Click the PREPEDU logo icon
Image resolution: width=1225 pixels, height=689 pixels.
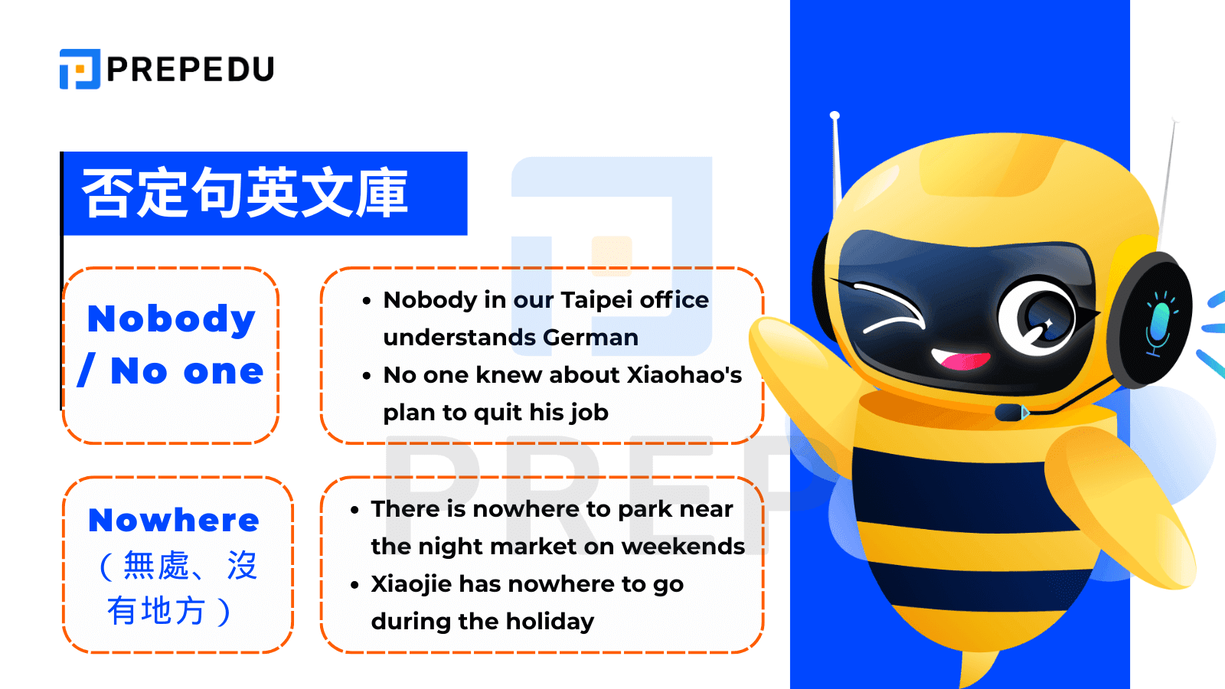(x=80, y=69)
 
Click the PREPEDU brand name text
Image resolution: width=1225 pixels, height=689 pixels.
(x=191, y=69)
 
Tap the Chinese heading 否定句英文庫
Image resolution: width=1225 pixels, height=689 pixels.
(x=244, y=192)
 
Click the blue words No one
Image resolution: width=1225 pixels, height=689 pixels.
(x=187, y=371)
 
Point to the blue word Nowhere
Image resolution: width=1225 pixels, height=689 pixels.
(x=174, y=520)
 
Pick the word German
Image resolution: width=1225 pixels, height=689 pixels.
(x=590, y=338)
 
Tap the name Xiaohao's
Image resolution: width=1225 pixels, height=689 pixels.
(x=684, y=375)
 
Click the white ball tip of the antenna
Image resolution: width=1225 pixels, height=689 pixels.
(x=835, y=116)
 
